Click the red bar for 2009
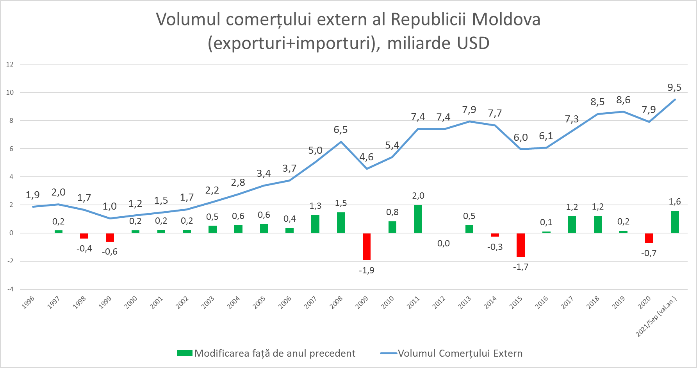coord(366,246)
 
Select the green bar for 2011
coord(418,219)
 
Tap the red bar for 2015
coord(521,245)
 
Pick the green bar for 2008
coord(341,223)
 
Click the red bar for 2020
coord(649,238)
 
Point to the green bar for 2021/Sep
coord(675,222)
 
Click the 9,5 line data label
coord(674,88)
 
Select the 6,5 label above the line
coord(340,130)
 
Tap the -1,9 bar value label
coord(366,270)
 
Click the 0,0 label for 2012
coord(444,243)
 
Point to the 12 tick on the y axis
coord(10,64)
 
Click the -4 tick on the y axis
coord(10,289)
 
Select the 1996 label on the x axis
coord(28,302)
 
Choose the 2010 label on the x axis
coord(388,302)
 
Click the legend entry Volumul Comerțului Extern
coord(460,353)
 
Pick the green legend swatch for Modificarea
coord(184,353)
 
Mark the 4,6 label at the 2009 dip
coord(366,157)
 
